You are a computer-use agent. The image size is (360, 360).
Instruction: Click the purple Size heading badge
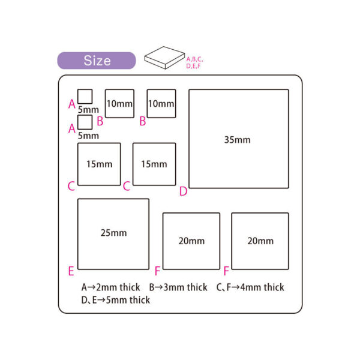click(97, 61)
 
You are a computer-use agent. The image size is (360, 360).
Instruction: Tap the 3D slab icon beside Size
click(164, 59)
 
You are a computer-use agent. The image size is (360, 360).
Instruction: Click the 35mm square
click(239, 139)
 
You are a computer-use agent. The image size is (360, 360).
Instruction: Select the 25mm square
click(113, 234)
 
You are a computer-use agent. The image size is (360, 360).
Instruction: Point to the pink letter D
click(183, 191)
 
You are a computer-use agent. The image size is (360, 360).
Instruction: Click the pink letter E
click(71, 271)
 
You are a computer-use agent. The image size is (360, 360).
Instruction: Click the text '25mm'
click(113, 232)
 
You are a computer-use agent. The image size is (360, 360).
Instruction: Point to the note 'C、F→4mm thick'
click(250, 287)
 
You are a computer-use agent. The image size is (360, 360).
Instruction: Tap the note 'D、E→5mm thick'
click(115, 299)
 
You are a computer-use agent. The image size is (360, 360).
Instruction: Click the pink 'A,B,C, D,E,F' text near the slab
click(195, 62)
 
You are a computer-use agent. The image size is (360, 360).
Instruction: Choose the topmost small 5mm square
click(85, 97)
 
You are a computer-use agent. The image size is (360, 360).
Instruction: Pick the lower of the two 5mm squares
click(85, 122)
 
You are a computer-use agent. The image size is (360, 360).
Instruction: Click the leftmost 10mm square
click(119, 103)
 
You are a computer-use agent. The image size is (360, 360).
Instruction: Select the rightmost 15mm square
click(154, 164)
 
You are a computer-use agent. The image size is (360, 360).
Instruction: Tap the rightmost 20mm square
click(260, 241)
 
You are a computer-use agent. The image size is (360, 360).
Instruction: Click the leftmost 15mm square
click(99, 164)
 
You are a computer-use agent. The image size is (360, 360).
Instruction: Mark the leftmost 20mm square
click(191, 241)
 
